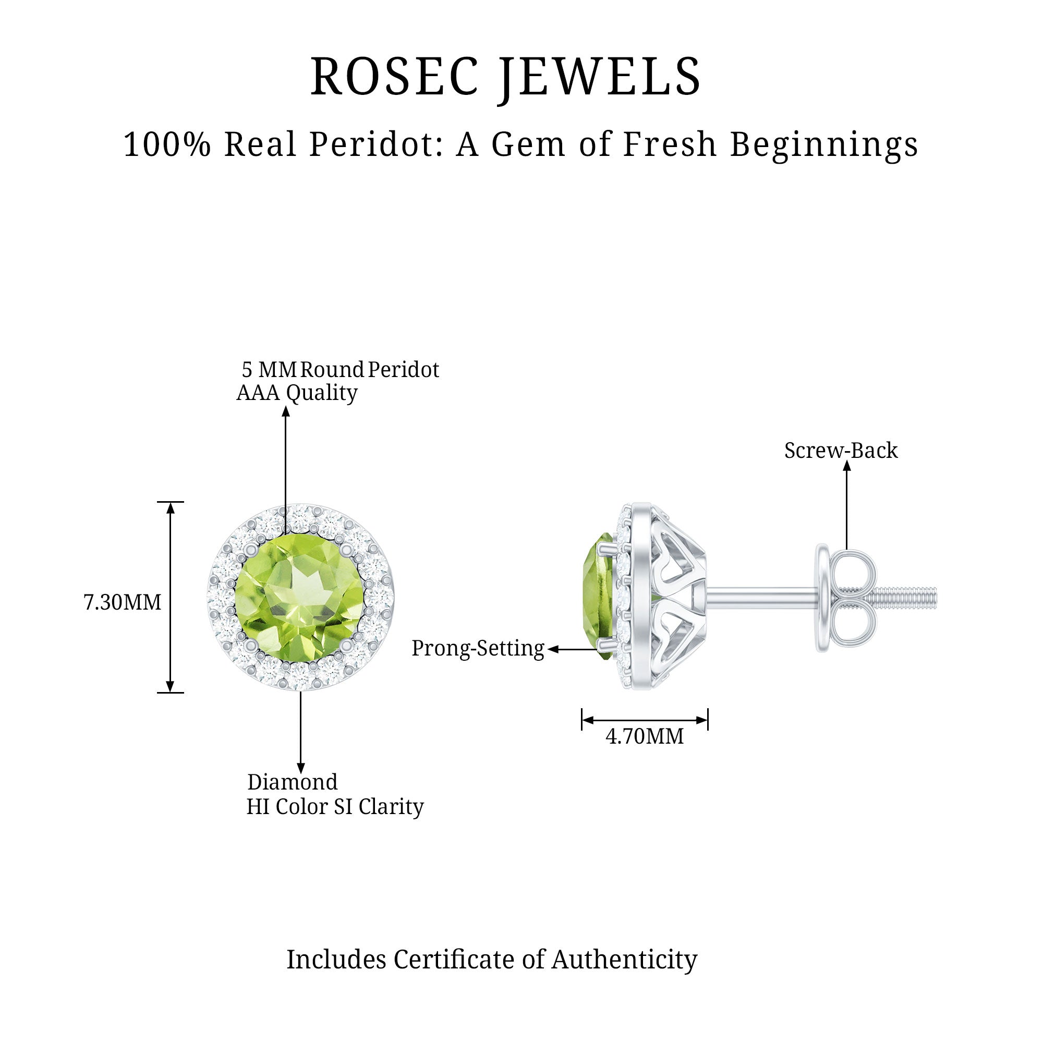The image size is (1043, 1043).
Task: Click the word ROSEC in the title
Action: (395, 77)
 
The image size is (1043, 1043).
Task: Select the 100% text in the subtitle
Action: (167, 144)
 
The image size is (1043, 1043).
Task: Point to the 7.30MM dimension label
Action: (123, 602)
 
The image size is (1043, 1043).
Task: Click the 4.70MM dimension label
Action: (645, 736)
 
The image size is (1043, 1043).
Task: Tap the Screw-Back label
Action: (841, 450)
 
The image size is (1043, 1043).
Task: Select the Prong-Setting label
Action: (478, 648)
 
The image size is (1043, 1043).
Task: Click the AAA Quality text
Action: (297, 393)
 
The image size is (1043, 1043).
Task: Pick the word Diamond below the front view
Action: (292, 782)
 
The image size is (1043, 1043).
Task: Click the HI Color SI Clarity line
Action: (335, 807)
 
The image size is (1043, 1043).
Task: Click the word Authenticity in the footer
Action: (624, 960)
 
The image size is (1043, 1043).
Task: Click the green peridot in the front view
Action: (300, 598)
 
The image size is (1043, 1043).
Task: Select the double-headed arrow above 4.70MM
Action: (645, 720)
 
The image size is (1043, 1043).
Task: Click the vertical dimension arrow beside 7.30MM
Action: (170, 597)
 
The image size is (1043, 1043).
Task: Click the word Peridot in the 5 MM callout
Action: (403, 370)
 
